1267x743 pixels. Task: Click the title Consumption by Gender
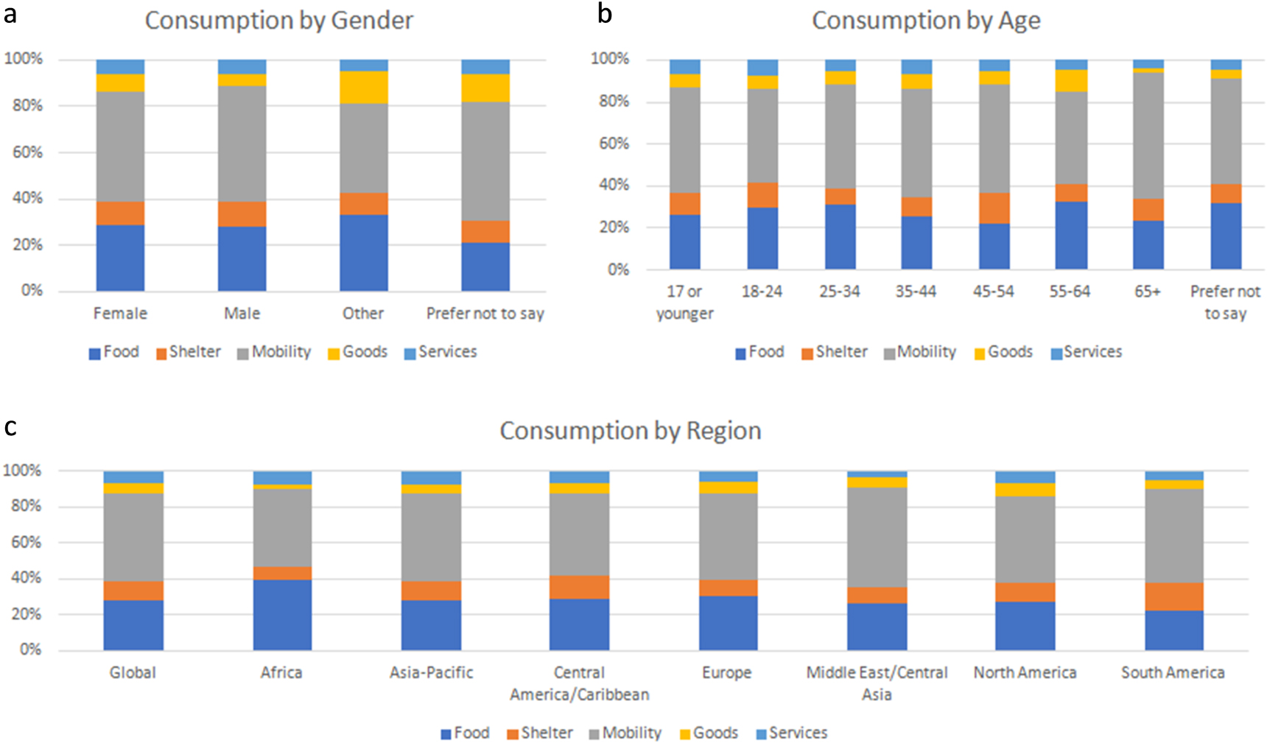(x=278, y=21)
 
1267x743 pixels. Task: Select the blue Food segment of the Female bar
(x=120, y=257)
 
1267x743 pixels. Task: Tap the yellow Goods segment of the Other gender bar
(x=363, y=87)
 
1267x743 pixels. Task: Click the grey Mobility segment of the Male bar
(x=242, y=144)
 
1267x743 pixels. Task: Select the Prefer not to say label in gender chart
(x=485, y=314)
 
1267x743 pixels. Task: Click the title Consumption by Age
(x=926, y=21)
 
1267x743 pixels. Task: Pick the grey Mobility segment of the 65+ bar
(x=1148, y=135)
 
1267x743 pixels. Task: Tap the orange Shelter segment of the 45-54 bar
(x=994, y=208)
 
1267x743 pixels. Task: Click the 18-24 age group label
(x=762, y=292)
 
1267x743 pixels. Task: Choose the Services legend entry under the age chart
(x=1087, y=352)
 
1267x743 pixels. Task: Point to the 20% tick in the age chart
(x=614, y=228)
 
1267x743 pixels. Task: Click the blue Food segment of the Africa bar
(x=282, y=614)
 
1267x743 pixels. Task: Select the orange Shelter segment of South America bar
(x=1173, y=596)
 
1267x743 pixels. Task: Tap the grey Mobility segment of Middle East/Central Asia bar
(x=877, y=537)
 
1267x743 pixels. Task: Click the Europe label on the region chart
(x=726, y=672)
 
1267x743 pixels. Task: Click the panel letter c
(x=10, y=426)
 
